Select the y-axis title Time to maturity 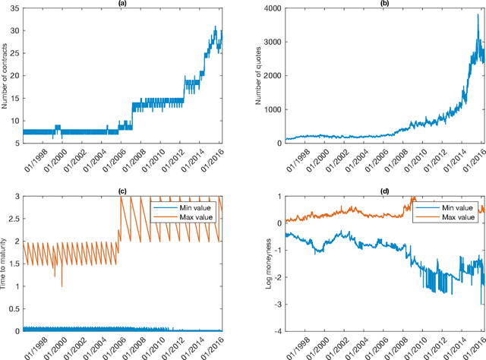tap(5, 264)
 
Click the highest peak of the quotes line tap(478, 15)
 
